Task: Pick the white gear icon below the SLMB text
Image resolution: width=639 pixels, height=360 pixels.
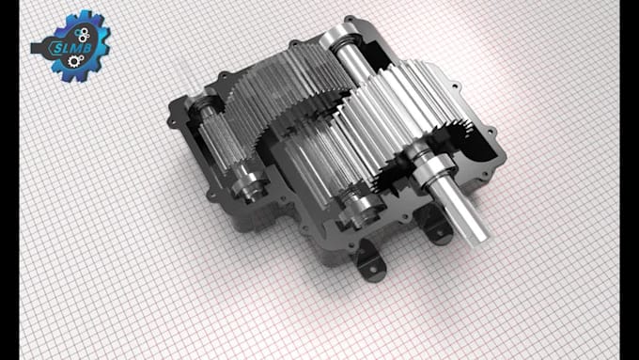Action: click(x=73, y=61)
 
